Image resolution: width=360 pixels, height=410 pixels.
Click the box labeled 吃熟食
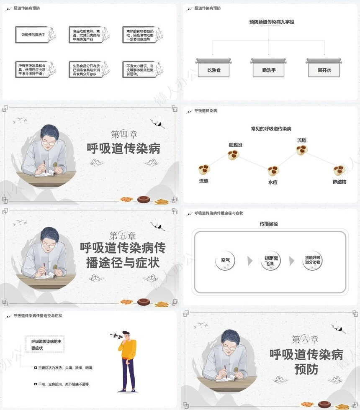[213, 70]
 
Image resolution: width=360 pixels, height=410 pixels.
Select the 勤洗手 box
[268, 70]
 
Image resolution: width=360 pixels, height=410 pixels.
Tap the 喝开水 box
[324, 70]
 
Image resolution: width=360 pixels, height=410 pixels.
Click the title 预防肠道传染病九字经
[271, 22]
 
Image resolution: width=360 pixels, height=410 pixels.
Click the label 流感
[203, 182]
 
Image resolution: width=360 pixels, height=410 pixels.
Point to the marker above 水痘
[273, 171]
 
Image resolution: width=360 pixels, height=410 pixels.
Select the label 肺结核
[339, 182]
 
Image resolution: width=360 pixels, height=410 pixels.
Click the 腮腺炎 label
[235, 145]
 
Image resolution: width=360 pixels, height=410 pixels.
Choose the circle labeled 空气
[226, 261]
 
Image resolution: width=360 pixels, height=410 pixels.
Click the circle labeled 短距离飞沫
[271, 261]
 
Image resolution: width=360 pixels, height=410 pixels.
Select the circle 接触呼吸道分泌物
[312, 261]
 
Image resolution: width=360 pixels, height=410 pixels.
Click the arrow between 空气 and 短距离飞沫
[250, 261]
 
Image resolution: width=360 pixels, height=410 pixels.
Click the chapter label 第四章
[124, 134]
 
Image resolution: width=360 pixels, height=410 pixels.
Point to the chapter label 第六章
[305, 339]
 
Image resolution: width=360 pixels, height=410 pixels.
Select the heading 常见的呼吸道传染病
[271, 129]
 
